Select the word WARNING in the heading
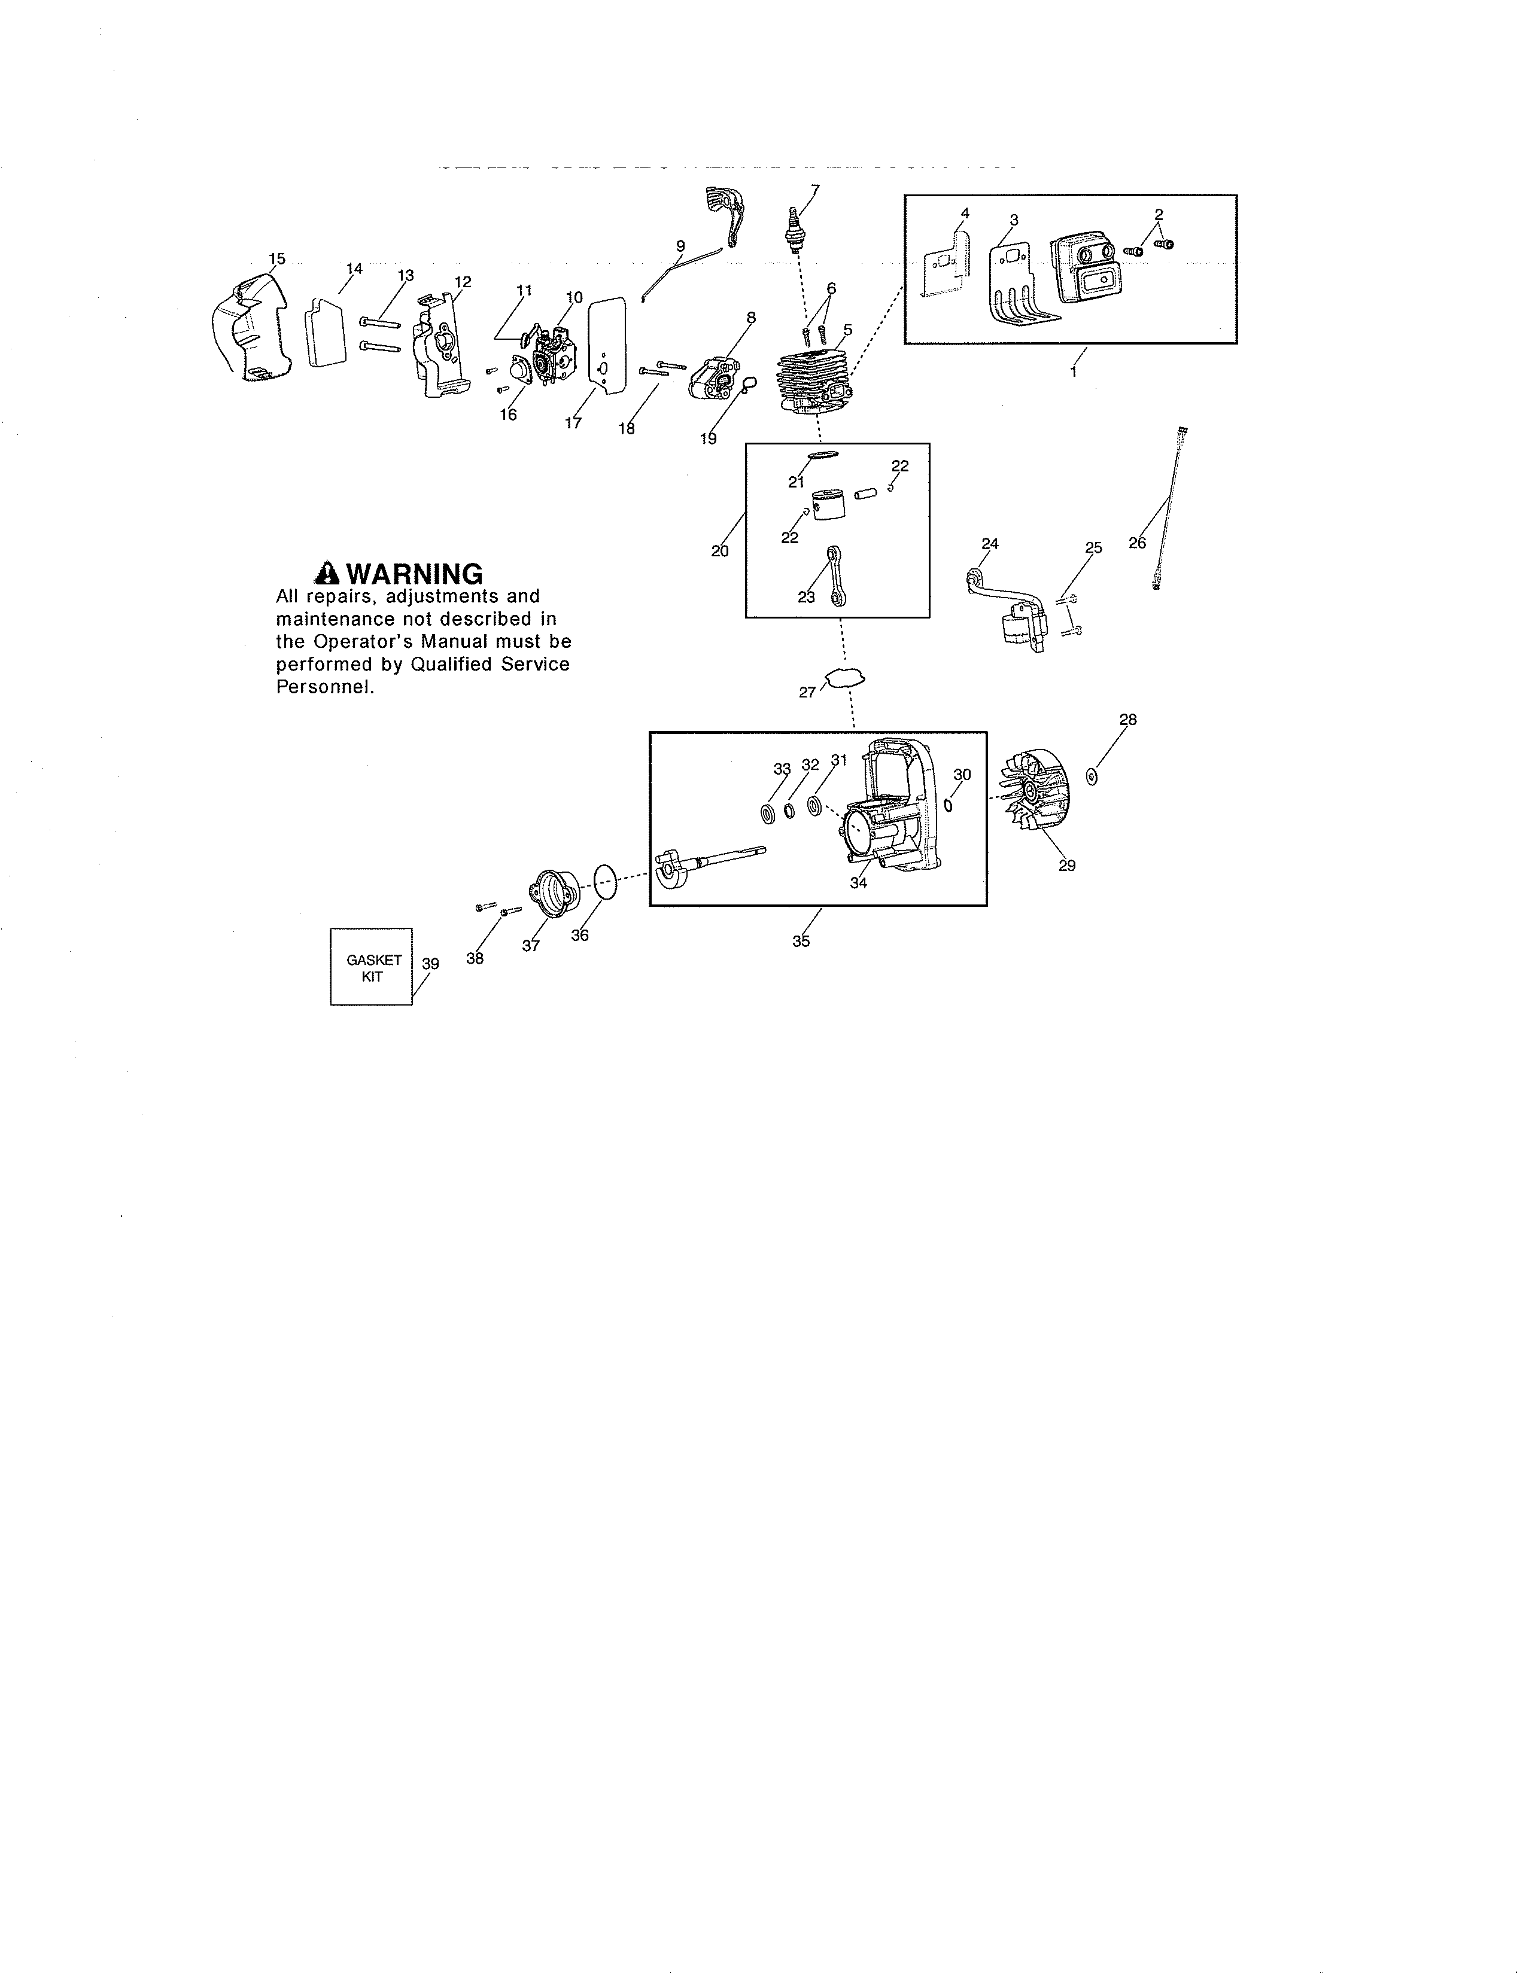click(x=415, y=574)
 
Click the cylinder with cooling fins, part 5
click(x=812, y=380)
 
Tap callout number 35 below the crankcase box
click(x=801, y=941)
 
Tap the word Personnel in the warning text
click(x=324, y=687)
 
